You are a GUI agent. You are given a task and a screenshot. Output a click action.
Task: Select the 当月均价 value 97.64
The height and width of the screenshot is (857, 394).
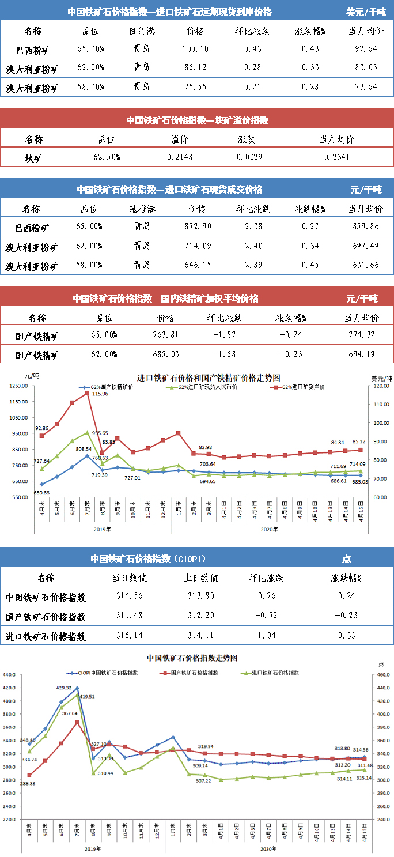(365, 49)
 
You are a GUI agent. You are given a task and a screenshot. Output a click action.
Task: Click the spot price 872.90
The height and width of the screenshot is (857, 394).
(197, 227)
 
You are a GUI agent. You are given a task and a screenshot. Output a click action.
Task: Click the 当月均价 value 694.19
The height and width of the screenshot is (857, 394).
(362, 354)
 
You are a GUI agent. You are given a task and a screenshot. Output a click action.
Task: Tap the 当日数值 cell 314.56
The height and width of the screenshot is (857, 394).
(130, 596)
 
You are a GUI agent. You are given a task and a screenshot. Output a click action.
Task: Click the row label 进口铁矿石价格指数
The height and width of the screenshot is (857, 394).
(46, 636)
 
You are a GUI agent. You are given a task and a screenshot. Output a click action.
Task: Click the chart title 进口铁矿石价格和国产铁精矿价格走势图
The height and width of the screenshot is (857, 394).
(209, 378)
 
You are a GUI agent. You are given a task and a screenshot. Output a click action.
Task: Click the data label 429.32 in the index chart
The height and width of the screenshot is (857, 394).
(63, 688)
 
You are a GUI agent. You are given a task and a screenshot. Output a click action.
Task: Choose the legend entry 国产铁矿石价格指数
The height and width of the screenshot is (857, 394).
(196, 673)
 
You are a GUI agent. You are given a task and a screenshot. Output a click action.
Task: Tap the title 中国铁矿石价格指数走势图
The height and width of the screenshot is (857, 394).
(192, 658)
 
